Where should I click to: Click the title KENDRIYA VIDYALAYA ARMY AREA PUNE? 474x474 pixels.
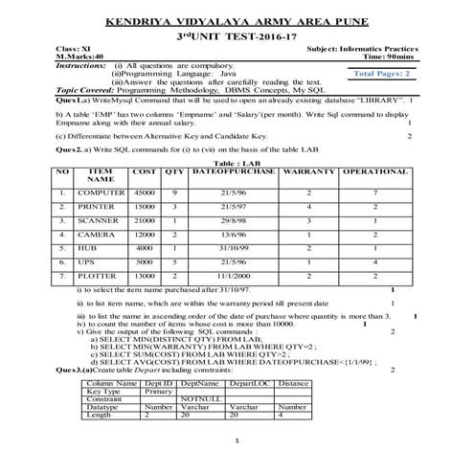tap(237, 19)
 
